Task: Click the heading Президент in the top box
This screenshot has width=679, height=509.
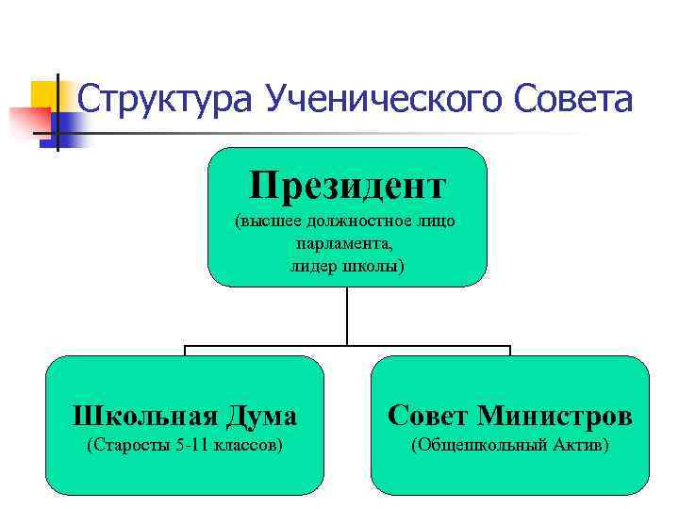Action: [x=347, y=186]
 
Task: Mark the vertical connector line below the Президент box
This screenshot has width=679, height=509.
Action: [x=347, y=316]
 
